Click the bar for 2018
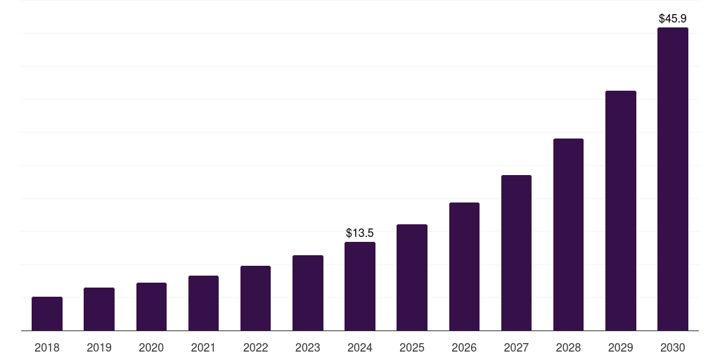tap(47, 314)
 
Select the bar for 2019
tap(99, 309)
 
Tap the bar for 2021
tap(203, 303)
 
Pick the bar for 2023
tap(308, 292)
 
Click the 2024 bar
tap(360, 286)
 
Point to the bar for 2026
tap(464, 266)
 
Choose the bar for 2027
tap(516, 252)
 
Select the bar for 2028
tap(568, 234)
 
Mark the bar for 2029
tap(620, 210)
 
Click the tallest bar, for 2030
tap(673, 179)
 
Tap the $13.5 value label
tap(360, 233)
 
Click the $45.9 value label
tap(673, 18)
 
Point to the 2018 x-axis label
tap(47, 347)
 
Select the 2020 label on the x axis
tap(151, 347)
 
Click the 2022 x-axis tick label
tap(256, 347)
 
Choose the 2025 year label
tap(412, 347)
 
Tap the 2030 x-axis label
tap(673, 347)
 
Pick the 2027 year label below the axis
tap(516, 347)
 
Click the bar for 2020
tap(151, 307)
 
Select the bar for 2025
tap(412, 277)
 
